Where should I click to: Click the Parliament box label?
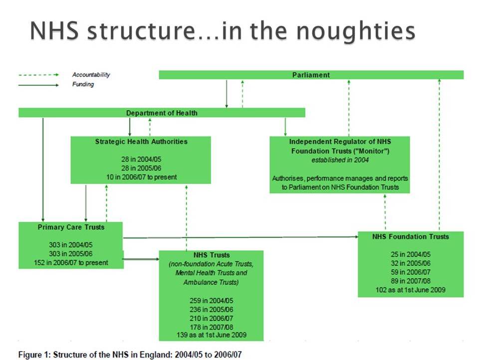(x=311, y=75)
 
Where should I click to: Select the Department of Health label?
(x=162, y=113)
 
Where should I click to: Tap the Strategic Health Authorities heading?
(x=141, y=142)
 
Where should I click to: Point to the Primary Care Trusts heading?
(x=71, y=227)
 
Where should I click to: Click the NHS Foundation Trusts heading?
(x=411, y=236)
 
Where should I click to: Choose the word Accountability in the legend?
(x=91, y=75)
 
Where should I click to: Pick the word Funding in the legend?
(x=83, y=85)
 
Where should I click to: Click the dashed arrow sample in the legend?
(x=38, y=75)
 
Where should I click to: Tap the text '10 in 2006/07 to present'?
(x=141, y=177)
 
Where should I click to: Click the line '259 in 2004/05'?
(x=212, y=301)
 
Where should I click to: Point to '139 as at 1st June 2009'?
(x=212, y=335)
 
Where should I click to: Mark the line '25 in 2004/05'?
(x=411, y=254)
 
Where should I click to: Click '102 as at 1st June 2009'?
(x=411, y=290)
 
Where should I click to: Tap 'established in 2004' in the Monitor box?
(x=340, y=160)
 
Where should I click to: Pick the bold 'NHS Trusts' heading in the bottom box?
(x=212, y=255)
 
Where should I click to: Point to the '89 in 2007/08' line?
(x=411, y=281)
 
